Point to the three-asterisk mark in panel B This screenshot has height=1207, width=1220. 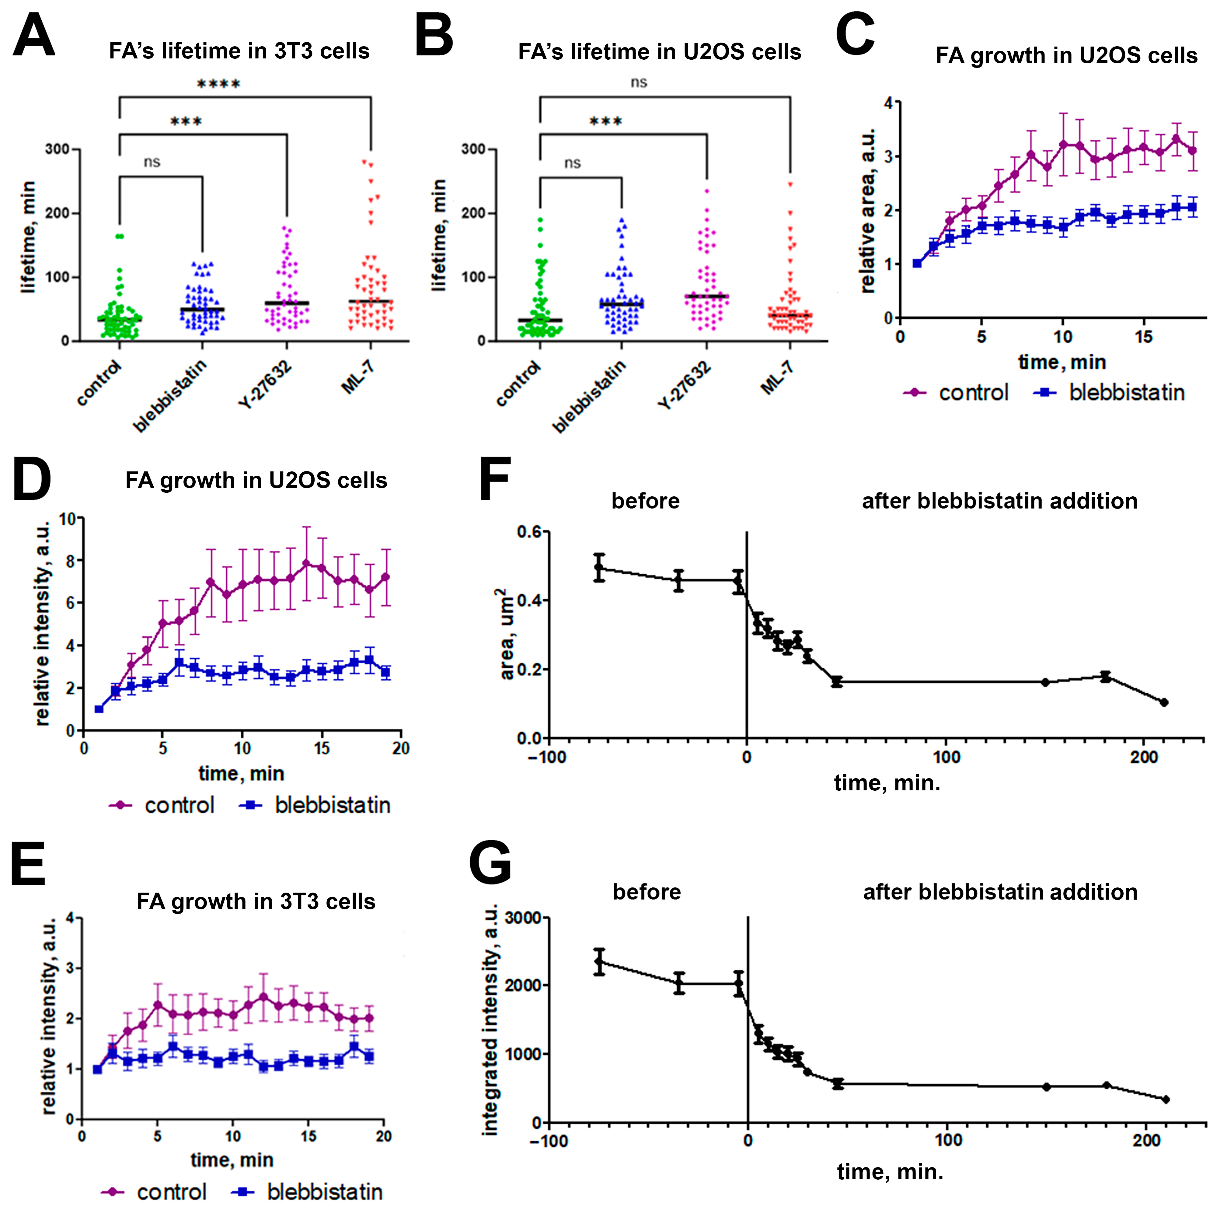click(x=605, y=121)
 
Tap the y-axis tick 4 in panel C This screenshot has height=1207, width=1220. click(x=888, y=103)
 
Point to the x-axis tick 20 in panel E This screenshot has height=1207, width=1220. click(x=383, y=1136)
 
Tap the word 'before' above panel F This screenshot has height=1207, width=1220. click(x=645, y=501)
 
